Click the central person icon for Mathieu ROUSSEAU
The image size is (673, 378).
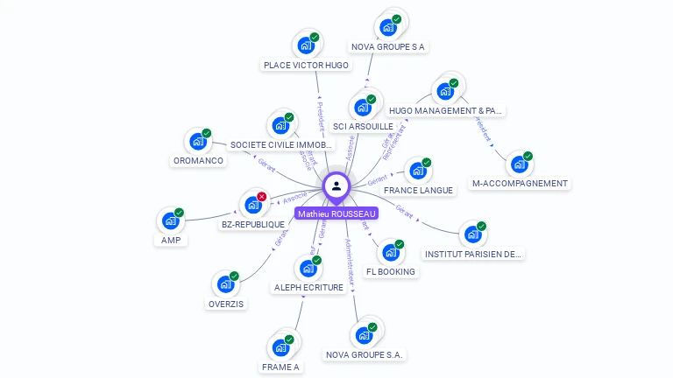tap(336, 185)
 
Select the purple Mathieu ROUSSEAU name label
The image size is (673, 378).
tap(336, 213)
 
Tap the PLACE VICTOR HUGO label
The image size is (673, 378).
tap(306, 65)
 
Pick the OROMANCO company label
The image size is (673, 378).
tap(199, 161)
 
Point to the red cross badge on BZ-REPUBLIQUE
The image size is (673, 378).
tap(261, 196)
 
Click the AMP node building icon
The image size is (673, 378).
tap(171, 220)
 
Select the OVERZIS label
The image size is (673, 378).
tap(226, 304)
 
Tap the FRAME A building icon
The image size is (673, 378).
tap(281, 347)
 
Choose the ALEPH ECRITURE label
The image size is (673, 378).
tap(308, 287)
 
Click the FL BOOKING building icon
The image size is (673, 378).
tap(391, 252)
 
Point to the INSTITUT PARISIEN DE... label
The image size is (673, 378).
tap(473, 254)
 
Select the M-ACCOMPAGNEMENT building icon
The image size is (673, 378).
tap(520, 164)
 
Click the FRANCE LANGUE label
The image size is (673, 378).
tap(418, 190)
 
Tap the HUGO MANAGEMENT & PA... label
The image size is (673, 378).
tap(446, 111)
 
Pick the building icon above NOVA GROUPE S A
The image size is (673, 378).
tap(388, 26)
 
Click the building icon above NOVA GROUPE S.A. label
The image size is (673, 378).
tap(364, 335)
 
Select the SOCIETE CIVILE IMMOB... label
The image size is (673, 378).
tap(281, 144)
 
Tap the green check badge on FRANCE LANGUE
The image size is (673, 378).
tap(427, 162)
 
